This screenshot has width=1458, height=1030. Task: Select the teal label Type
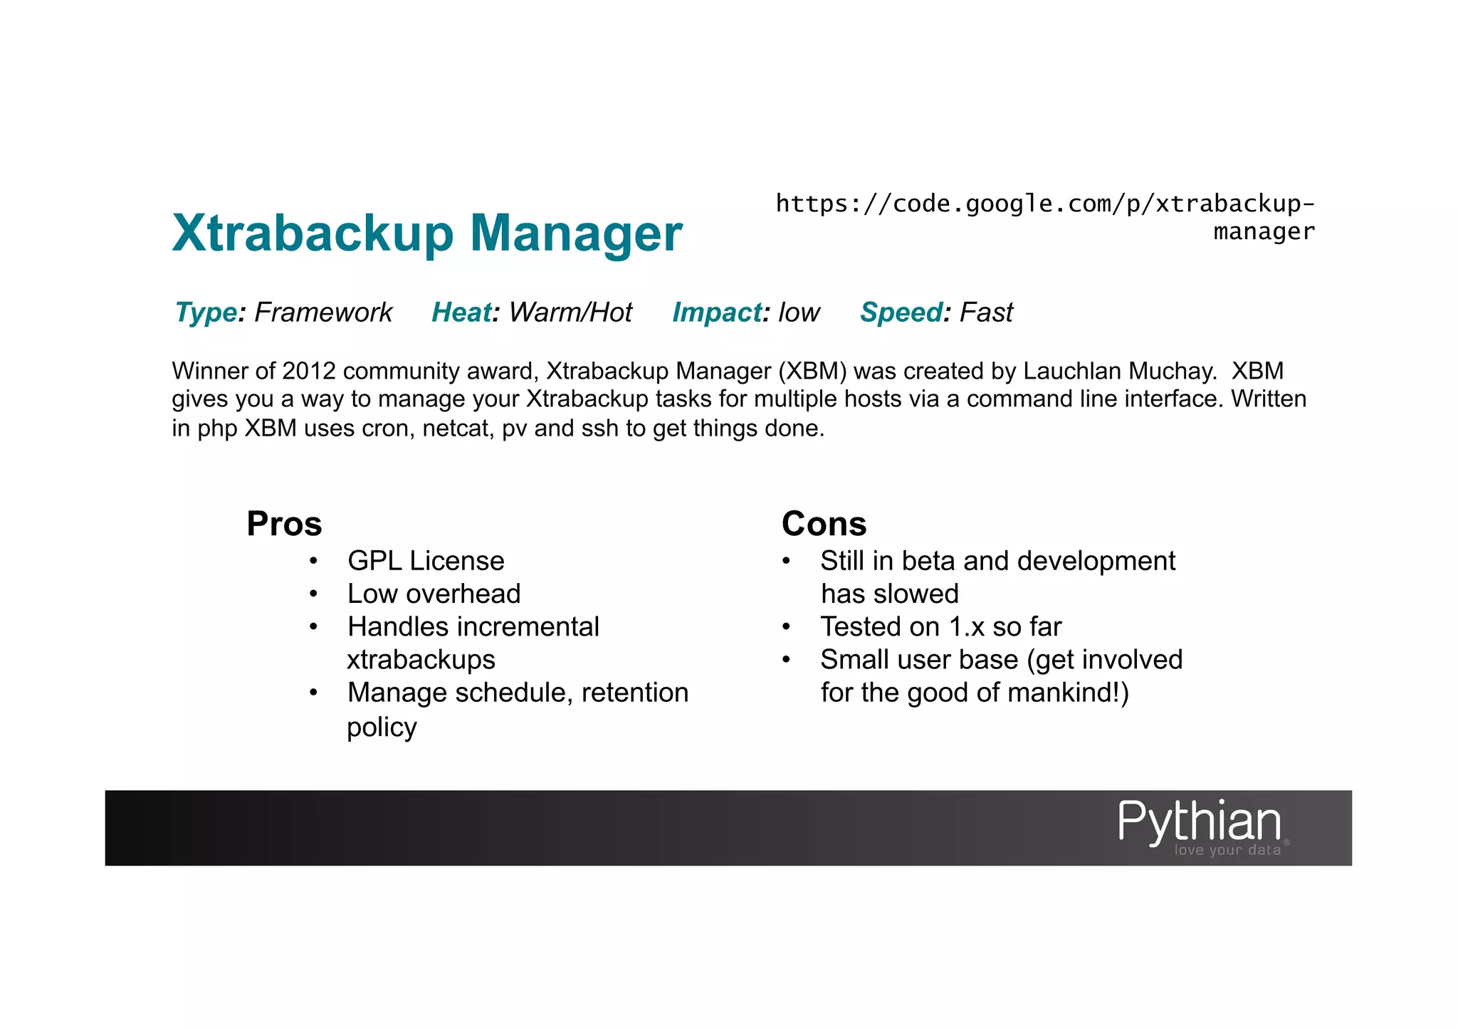pos(206,312)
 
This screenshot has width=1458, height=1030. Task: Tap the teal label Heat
pos(461,312)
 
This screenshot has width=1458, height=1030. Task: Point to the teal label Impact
pos(717,312)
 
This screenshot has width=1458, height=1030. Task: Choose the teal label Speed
pos(901,312)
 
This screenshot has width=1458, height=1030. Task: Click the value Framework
pos(323,312)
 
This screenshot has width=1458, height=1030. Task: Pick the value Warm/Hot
pos(570,312)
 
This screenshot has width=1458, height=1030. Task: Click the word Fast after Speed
pos(986,312)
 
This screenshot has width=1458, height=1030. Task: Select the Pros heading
pos(284,524)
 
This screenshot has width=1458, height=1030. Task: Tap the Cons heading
pos(824,524)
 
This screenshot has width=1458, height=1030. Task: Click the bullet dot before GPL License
pos(313,562)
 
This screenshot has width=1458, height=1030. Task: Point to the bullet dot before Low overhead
pos(313,594)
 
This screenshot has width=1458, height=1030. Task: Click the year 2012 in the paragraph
pos(309,371)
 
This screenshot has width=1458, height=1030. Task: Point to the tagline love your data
pos(1227,850)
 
